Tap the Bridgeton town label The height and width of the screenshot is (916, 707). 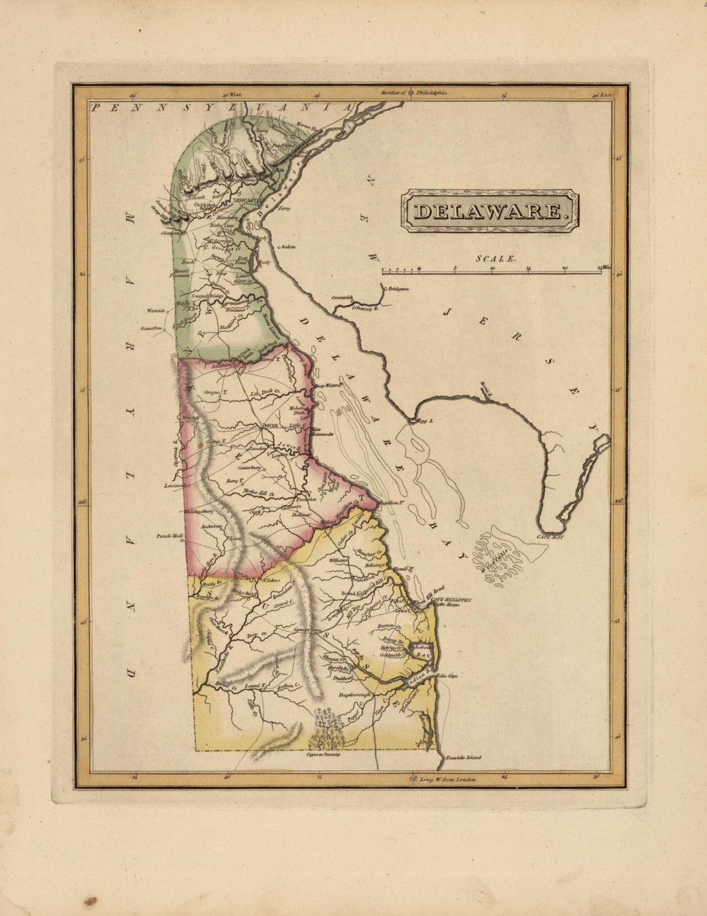click(397, 289)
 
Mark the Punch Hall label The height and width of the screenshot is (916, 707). click(168, 535)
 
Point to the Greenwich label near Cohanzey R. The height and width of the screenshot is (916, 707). click(343, 298)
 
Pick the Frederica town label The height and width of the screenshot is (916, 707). click(306, 499)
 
